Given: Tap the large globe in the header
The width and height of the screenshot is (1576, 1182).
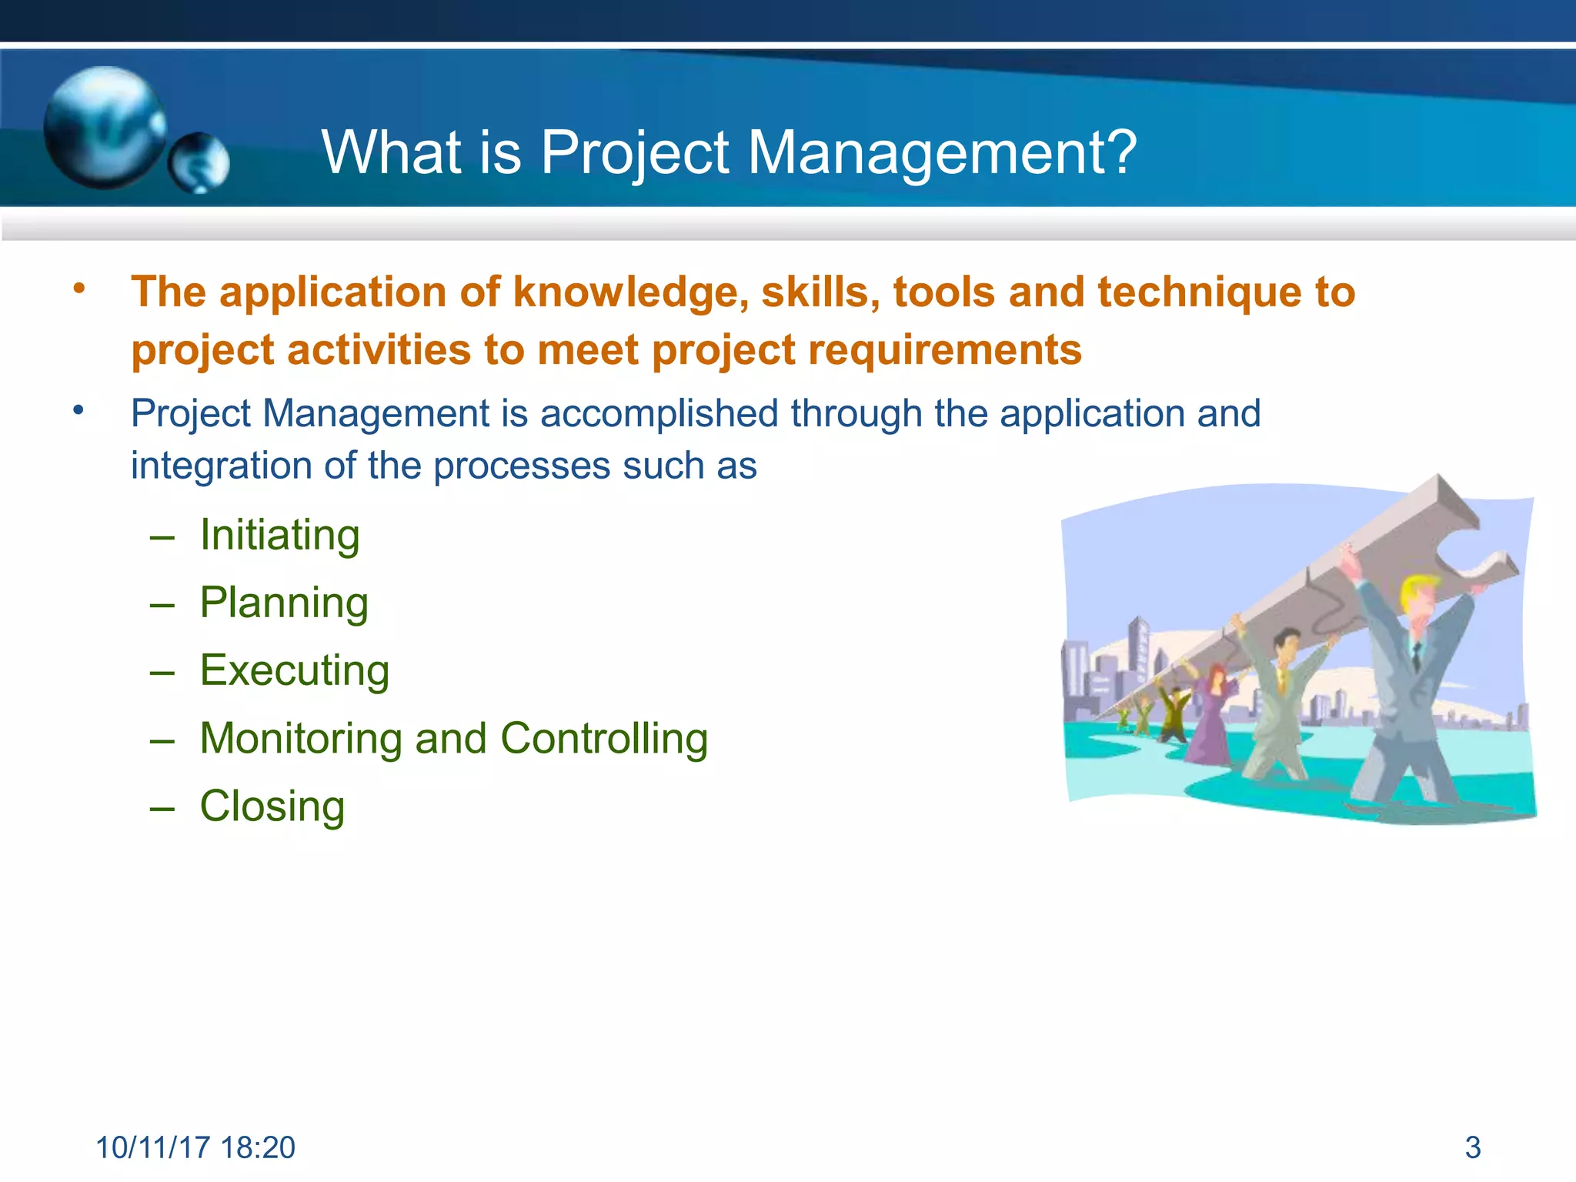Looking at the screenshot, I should pos(104,127).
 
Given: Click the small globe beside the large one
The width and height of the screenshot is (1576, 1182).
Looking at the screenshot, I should pos(199,162).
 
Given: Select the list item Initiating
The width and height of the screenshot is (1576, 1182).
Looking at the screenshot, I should pos(279,535).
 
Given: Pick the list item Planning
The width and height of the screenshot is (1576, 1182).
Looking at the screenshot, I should pos(284,603).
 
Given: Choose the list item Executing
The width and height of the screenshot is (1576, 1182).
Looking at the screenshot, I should pos(294,670).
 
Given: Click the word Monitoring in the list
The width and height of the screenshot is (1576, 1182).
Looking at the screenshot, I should pos(301,738).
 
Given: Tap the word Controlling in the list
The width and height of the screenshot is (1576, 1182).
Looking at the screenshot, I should pos(604,738).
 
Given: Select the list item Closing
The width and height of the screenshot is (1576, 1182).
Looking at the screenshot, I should pos(272,806).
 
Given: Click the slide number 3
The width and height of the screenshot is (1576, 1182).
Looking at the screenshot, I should pos(1472,1147).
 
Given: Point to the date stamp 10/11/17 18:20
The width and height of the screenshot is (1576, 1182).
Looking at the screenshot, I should pos(195,1147).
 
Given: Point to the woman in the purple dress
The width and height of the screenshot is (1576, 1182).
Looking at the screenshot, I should pos(1210,716).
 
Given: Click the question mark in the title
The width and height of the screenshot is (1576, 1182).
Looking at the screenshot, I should pos(1122,152).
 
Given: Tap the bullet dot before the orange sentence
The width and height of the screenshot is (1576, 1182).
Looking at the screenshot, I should pos(78,289).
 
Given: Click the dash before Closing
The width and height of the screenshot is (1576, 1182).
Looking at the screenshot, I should pos(162,807).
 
